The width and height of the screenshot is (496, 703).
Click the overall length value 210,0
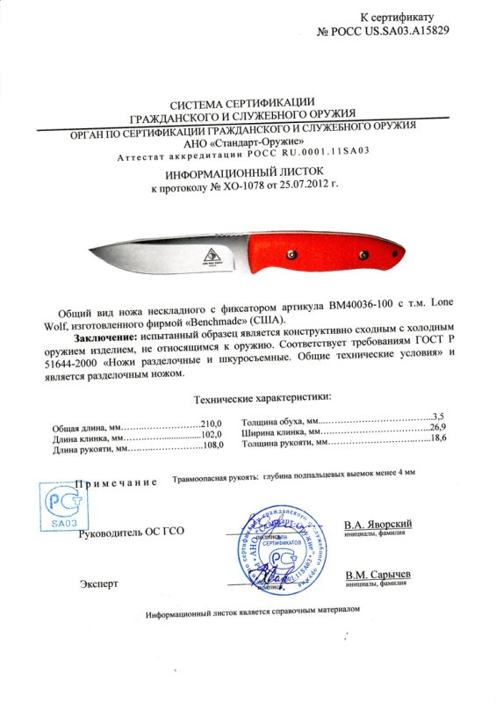[214, 423]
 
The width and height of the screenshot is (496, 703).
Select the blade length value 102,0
[214, 434]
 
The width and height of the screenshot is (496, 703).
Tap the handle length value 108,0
[214, 446]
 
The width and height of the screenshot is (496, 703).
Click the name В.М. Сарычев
[377, 574]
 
